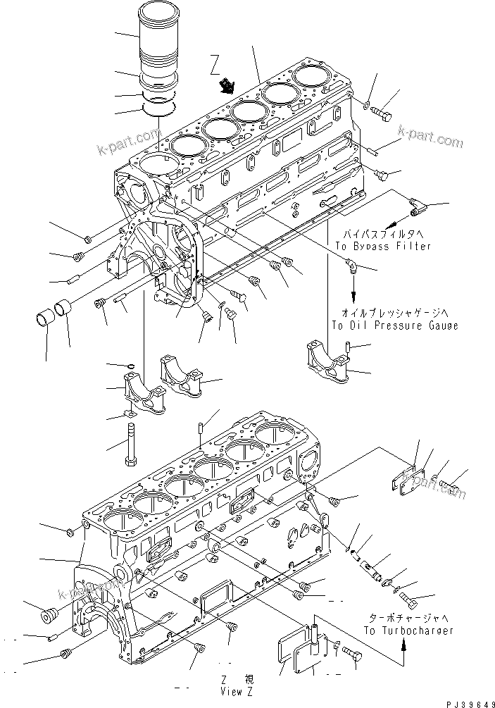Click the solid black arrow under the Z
pos(227,87)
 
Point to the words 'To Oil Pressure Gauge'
pos(394,325)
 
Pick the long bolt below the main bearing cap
pos(131,444)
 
